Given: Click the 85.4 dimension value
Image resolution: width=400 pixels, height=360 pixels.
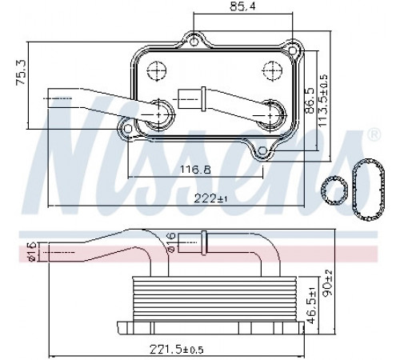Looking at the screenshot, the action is click(242, 6).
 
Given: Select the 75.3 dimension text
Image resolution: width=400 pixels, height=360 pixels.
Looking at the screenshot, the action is click(21, 73).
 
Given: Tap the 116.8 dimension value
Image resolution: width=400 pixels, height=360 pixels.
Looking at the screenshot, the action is click(195, 170).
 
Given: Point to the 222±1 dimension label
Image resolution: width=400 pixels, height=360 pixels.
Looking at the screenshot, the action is click(210, 198).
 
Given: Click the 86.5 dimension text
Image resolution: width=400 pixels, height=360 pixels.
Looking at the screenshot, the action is click(310, 101).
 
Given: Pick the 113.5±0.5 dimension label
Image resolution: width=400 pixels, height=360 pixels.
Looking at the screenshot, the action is click(322, 101).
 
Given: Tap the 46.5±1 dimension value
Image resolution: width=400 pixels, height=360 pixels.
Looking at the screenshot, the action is click(311, 306).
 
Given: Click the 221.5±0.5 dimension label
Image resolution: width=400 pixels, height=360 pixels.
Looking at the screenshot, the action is click(177, 349).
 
